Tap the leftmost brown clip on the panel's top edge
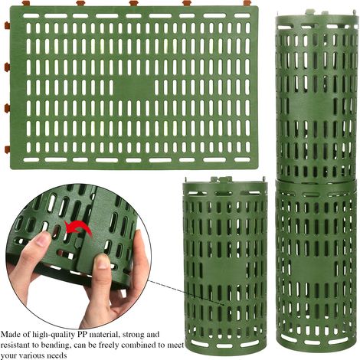coord(26,3)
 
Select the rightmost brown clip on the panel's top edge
coord(247,3)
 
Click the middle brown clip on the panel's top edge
coord(133,3)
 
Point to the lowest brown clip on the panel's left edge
coord(7,149)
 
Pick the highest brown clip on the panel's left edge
coord(7,25)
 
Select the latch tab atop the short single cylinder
coord(221,179)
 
